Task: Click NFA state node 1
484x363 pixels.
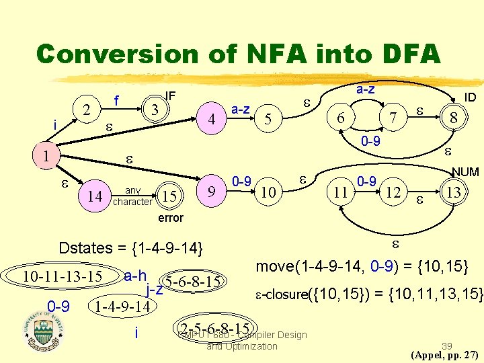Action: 45,155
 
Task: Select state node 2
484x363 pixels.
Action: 85,108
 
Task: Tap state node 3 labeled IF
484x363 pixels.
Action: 155,108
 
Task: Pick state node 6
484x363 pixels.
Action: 341,117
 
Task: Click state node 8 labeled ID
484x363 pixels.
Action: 454,118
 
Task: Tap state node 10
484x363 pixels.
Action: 268,193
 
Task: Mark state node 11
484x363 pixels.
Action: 341,193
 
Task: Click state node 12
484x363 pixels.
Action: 395,193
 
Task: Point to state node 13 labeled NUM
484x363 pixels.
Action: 454,193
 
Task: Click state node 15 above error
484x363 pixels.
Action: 170,196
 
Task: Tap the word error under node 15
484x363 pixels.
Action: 170,218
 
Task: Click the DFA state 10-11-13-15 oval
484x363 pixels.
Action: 62,276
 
